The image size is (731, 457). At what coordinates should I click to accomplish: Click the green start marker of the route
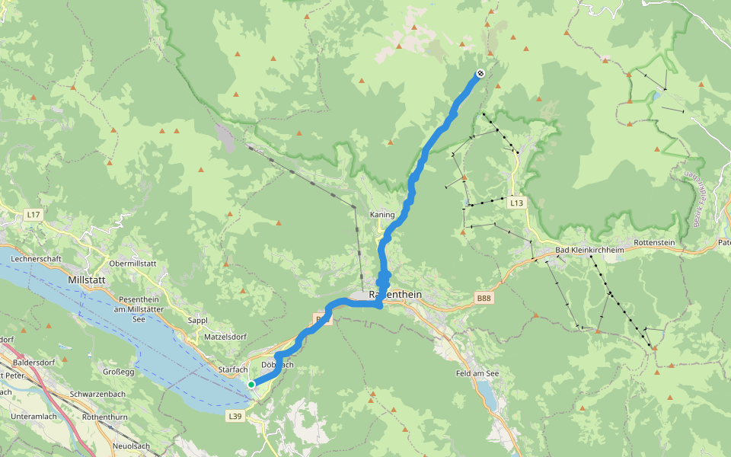(x=251, y=385)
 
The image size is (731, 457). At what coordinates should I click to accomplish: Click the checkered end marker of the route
(x=480, y=73)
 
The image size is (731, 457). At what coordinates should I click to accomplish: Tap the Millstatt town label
(x=86, y=280)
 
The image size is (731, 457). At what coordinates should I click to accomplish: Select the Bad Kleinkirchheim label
(x=589, y=250)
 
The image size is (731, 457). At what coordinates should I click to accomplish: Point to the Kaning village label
(x=381, y=215)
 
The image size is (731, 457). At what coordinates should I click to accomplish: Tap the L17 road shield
(x=32, y=216)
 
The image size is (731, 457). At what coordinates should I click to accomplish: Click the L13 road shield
(x=517, y=203)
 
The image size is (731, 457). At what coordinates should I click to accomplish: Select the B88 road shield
(x=483, y=299)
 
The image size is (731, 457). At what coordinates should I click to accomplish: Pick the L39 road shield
(x=235, y=416)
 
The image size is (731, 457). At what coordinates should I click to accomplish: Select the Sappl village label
(x=197, y=321)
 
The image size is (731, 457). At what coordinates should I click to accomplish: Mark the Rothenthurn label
(x=109, y=417)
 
